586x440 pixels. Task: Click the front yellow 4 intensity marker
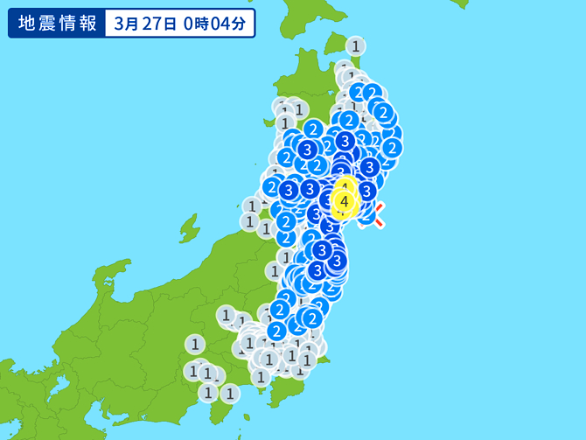[345, 202]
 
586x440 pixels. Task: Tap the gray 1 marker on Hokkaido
[355, 45]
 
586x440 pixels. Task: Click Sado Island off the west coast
[189, 229]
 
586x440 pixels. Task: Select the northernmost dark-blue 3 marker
[345, 140]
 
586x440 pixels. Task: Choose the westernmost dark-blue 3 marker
[288, 189]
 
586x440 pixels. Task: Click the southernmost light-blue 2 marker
[276, 331]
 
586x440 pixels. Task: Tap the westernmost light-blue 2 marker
[272, 186]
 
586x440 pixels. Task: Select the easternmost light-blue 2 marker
[391, 147]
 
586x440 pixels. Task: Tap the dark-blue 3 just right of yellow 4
[366, 190]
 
